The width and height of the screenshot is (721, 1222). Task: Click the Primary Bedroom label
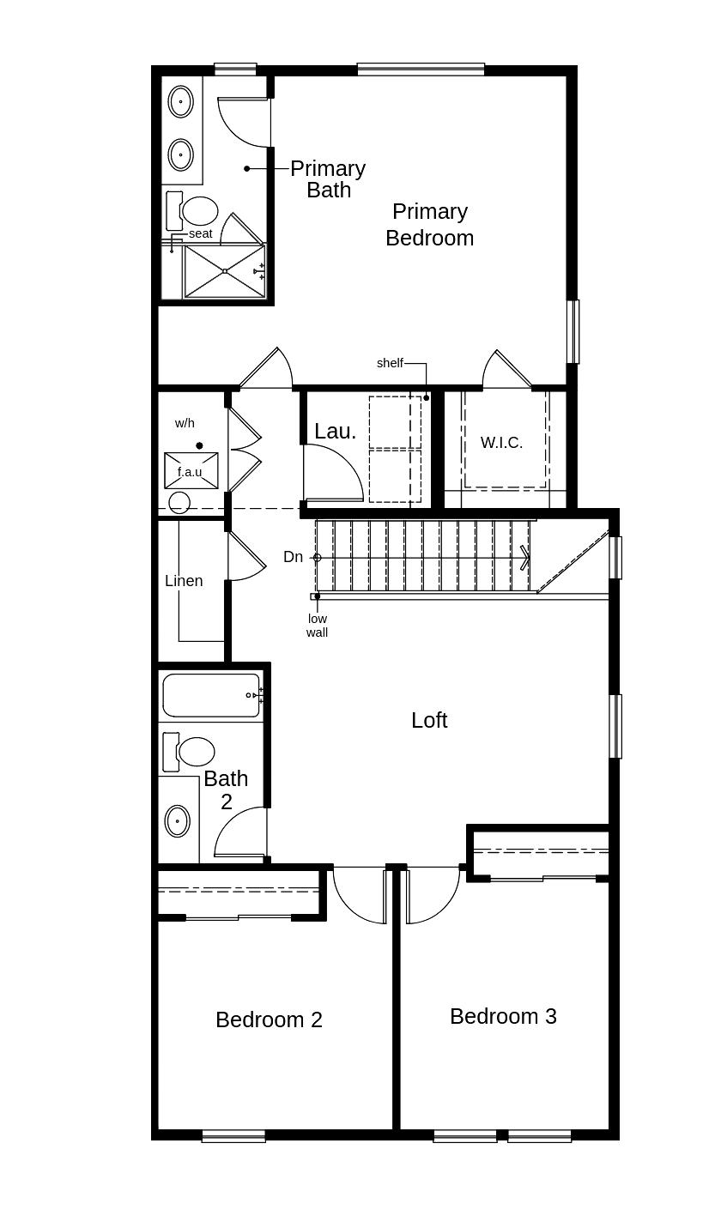click(x=429, y=224)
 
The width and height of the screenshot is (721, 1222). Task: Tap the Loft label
click(x=429, y=720)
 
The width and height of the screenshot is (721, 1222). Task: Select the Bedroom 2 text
click(x=269, y=1019)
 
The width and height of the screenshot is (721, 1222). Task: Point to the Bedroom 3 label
click(x=503, y=1016)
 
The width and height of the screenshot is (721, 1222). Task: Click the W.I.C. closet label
click(x=501, y=443)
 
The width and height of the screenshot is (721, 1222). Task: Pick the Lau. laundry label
click(x=335, y=431)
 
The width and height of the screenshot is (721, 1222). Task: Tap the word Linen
click(x=184, y=581)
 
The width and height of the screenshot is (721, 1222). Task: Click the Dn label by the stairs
click(x=293, y=557)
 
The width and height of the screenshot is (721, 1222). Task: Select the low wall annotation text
click(x=318, y=626)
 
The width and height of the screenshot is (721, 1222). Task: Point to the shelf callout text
click(x=390, y=363)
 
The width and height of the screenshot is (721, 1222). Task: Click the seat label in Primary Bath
click(x=200, y=233)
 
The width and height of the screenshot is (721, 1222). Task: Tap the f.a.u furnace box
click(x=191, y=471)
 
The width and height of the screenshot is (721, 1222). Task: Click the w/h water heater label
click(x=185, y=423)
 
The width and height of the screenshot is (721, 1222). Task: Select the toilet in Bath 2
click(x=193, y=752)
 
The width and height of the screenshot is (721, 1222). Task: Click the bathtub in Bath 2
click(x=210, y=695)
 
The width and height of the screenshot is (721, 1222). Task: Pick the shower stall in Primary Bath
click(x=225, y=271)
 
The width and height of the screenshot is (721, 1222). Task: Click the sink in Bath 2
click(x=178, y=820)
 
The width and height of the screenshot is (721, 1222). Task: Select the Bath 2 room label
click(x=226, y=789)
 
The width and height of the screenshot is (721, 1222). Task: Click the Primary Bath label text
click(x=328, y=178)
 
